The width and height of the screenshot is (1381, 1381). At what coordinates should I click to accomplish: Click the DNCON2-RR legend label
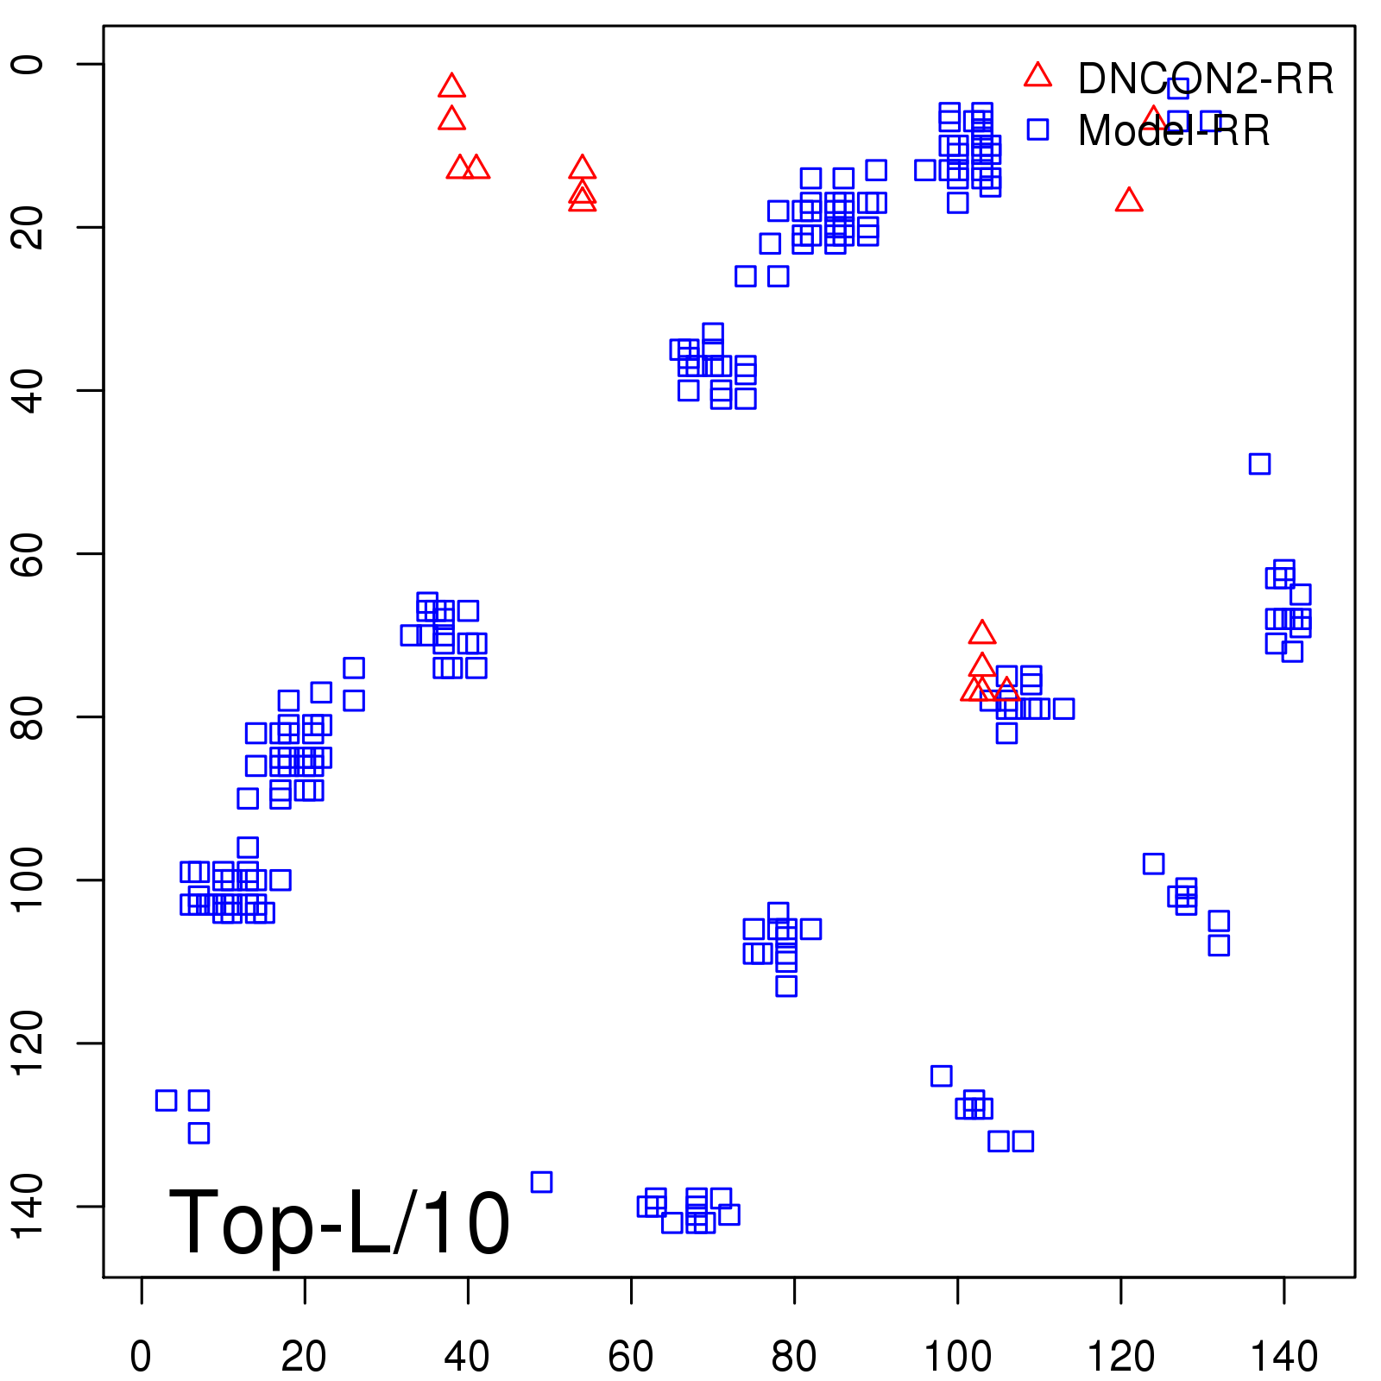[1205, 79]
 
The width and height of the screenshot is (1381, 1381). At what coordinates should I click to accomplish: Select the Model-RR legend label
[1173, 131]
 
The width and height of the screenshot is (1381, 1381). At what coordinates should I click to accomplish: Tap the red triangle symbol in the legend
[1037, 75]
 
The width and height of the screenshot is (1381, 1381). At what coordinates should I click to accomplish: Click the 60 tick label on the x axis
[631, 1356]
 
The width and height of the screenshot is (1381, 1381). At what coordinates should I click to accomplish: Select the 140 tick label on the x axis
[1283, 1356]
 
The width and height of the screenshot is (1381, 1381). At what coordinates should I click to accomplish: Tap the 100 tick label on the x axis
[957, 1356]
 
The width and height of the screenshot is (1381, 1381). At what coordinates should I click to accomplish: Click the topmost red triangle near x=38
[451, 86]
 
